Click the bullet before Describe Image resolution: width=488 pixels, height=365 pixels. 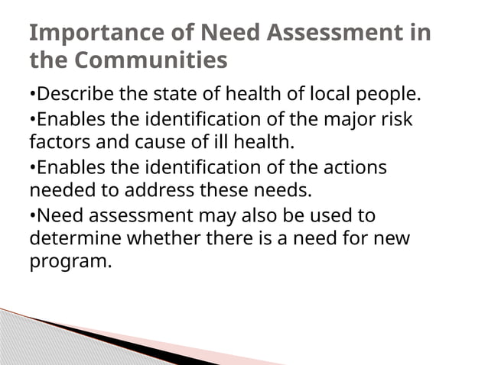[33, 96]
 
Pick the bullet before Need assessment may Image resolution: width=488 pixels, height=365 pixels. [33, 215]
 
